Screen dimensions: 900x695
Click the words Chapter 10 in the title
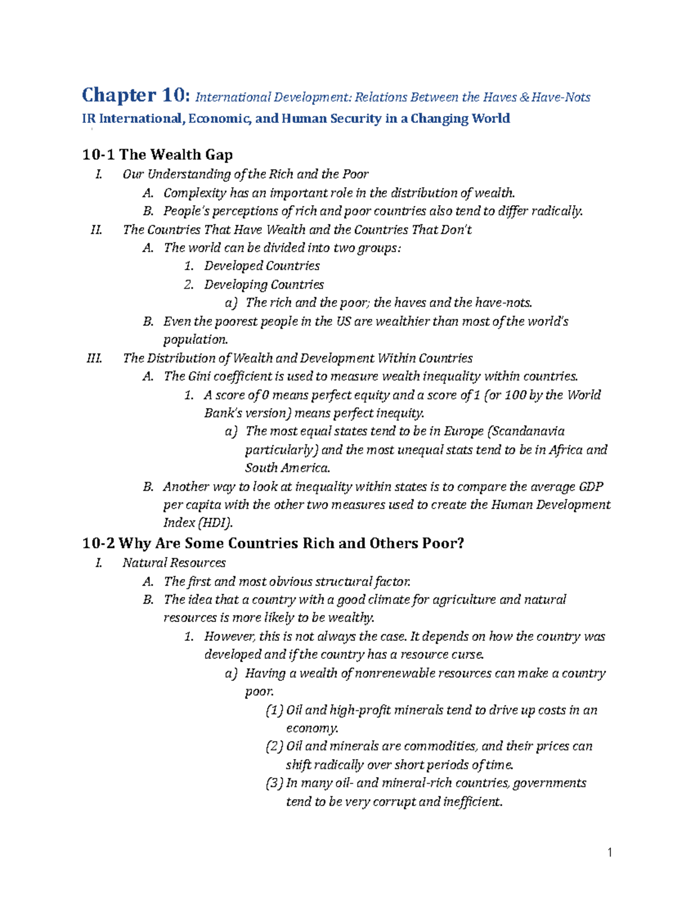(135, 95)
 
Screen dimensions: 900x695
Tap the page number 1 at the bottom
(610, 852)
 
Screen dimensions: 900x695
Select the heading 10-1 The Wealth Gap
(158, 155)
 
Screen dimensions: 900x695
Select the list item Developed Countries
(262, 266)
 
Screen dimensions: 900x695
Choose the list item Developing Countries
(264, 285)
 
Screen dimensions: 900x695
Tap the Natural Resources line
(174, 563)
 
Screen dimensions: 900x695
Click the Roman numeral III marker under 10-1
(94, 358)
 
